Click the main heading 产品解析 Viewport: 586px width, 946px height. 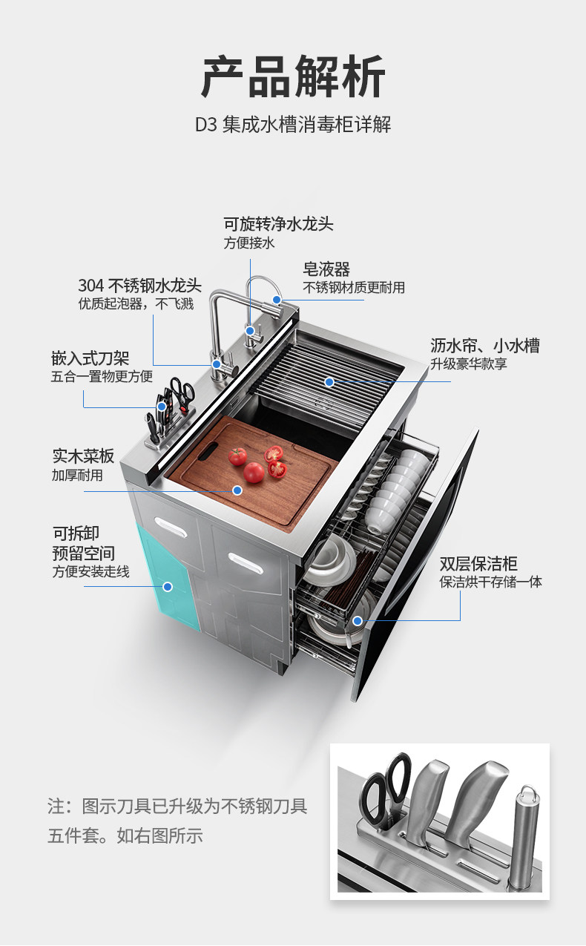click(x=293, y=77)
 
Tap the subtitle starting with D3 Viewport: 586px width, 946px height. click(x=293, y=124)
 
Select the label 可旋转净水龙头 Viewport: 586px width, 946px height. click(x=279, y=223)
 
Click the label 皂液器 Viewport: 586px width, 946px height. click(x=326, y=268)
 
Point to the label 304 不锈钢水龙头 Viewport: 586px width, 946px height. click(x=140, y=286)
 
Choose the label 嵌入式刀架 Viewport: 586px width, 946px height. click(x=90, y=359)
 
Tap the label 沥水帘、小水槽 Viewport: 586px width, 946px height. click(x=485, y=345)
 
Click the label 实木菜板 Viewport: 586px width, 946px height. click(x=83, y=455)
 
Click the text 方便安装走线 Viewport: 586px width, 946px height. click(x=90, y=571)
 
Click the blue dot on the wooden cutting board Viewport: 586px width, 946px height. click(x=237, y=490)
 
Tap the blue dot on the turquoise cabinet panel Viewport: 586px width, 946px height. click(x=168, y=586)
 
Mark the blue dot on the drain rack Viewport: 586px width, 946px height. click(x=329, y=381)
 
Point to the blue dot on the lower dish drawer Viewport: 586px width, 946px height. click(x=358, y=620)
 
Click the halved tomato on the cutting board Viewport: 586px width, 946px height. click(x=276, y=468)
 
